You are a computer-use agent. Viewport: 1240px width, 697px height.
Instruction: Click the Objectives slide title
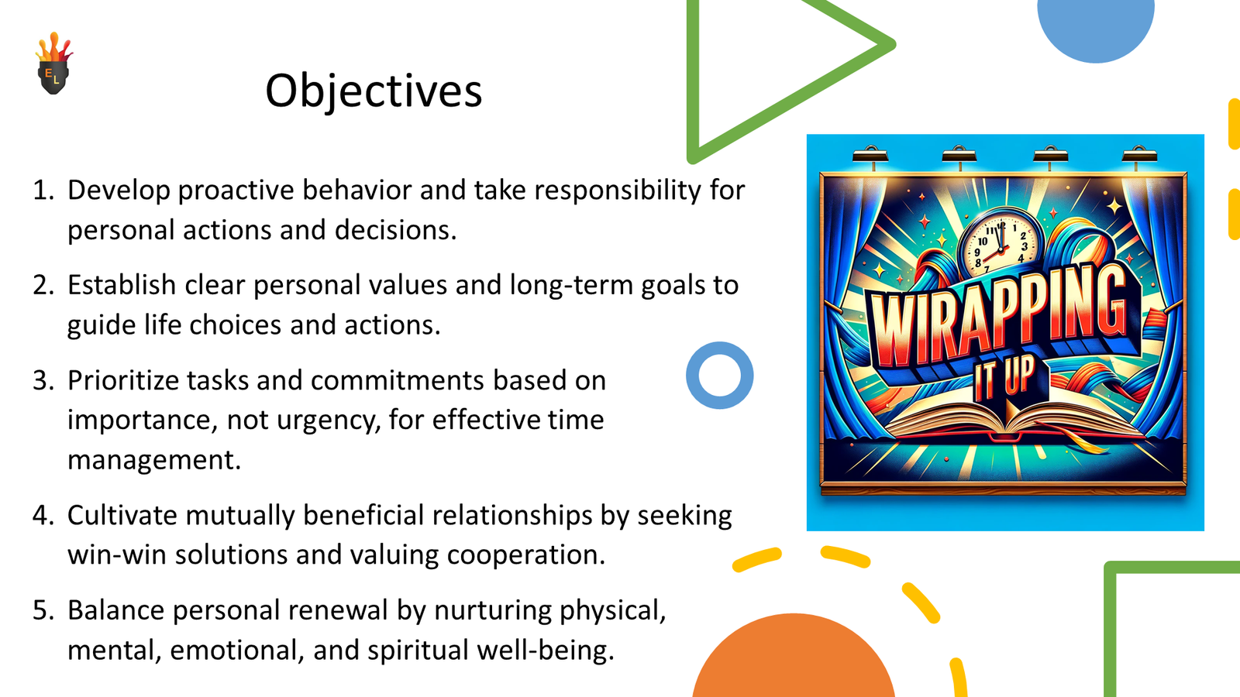click(374, 91)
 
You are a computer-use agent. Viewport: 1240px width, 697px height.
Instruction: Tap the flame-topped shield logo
click(53, 65)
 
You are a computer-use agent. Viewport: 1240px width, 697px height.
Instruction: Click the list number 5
click(43, 611)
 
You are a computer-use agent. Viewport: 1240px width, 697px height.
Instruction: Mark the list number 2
click(43, 286)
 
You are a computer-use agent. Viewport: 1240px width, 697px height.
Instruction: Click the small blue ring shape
click(719, 376)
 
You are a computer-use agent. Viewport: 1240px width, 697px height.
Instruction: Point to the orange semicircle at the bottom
click(793, 662)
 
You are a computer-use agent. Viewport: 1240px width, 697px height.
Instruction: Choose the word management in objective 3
click(153, 461)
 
